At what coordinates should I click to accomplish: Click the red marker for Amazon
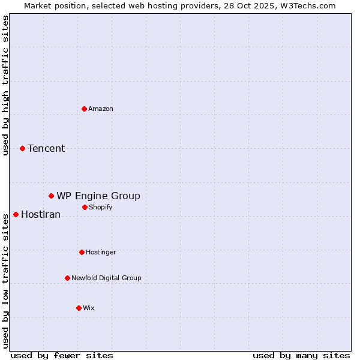coord(84,109)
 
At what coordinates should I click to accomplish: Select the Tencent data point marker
coord(22,148)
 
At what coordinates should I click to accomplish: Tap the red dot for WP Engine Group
coord(52,196)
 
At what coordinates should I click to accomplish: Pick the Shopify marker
coord(85,207)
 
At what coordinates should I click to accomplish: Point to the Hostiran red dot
coord(16,214)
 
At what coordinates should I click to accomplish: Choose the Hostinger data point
coord(82,252)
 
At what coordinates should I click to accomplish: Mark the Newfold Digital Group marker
coord(67,278)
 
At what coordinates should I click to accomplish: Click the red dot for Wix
coord(79,308)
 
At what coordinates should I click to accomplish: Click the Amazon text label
coord(101,109)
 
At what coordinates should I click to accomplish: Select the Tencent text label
coord(46,148)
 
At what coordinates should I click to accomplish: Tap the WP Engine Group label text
coord(98,196)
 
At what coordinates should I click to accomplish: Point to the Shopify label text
coord(101,207)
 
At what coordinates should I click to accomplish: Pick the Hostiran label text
coord(41,214)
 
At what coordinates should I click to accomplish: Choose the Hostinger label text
coord(101,252)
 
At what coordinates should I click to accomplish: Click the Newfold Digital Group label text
coord(106,278)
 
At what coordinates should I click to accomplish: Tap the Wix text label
coord(89,308)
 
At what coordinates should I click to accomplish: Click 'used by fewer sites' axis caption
coord(62,355)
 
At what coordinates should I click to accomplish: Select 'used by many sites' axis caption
coord(301,355)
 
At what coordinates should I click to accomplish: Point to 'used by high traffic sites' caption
coord(5,85)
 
